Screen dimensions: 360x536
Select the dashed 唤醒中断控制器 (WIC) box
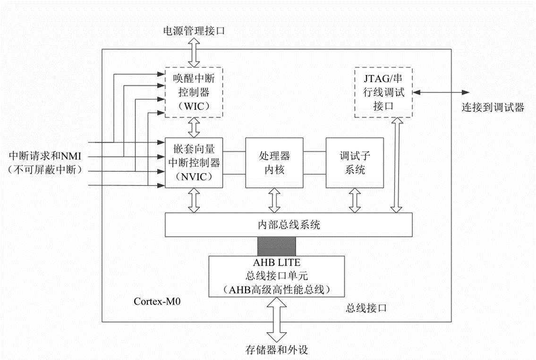(x=193, y=92)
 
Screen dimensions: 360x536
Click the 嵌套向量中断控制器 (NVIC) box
(x=193, y=162)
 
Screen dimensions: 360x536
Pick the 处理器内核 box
(x=274, y=162)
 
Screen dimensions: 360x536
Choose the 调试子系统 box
(x=354, y=162)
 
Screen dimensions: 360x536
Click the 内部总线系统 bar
(x=288, y=225)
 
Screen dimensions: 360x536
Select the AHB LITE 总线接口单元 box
(x=276, y=276)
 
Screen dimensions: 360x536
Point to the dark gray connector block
(x=276, y=246)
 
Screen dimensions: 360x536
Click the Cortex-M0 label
(x=154, y=301)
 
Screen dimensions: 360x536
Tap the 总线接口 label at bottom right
(x=366, y=309)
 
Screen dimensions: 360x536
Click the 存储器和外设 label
(x=277, y=350)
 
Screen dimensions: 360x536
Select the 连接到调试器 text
(x=493, y=108)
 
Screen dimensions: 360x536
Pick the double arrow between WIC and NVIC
(x=194, y=127)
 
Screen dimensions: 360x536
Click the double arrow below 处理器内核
(x=274, y=200)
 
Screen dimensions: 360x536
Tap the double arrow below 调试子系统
(x=354, y=200)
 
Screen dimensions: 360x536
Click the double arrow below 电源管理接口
(x=194, y=53)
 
